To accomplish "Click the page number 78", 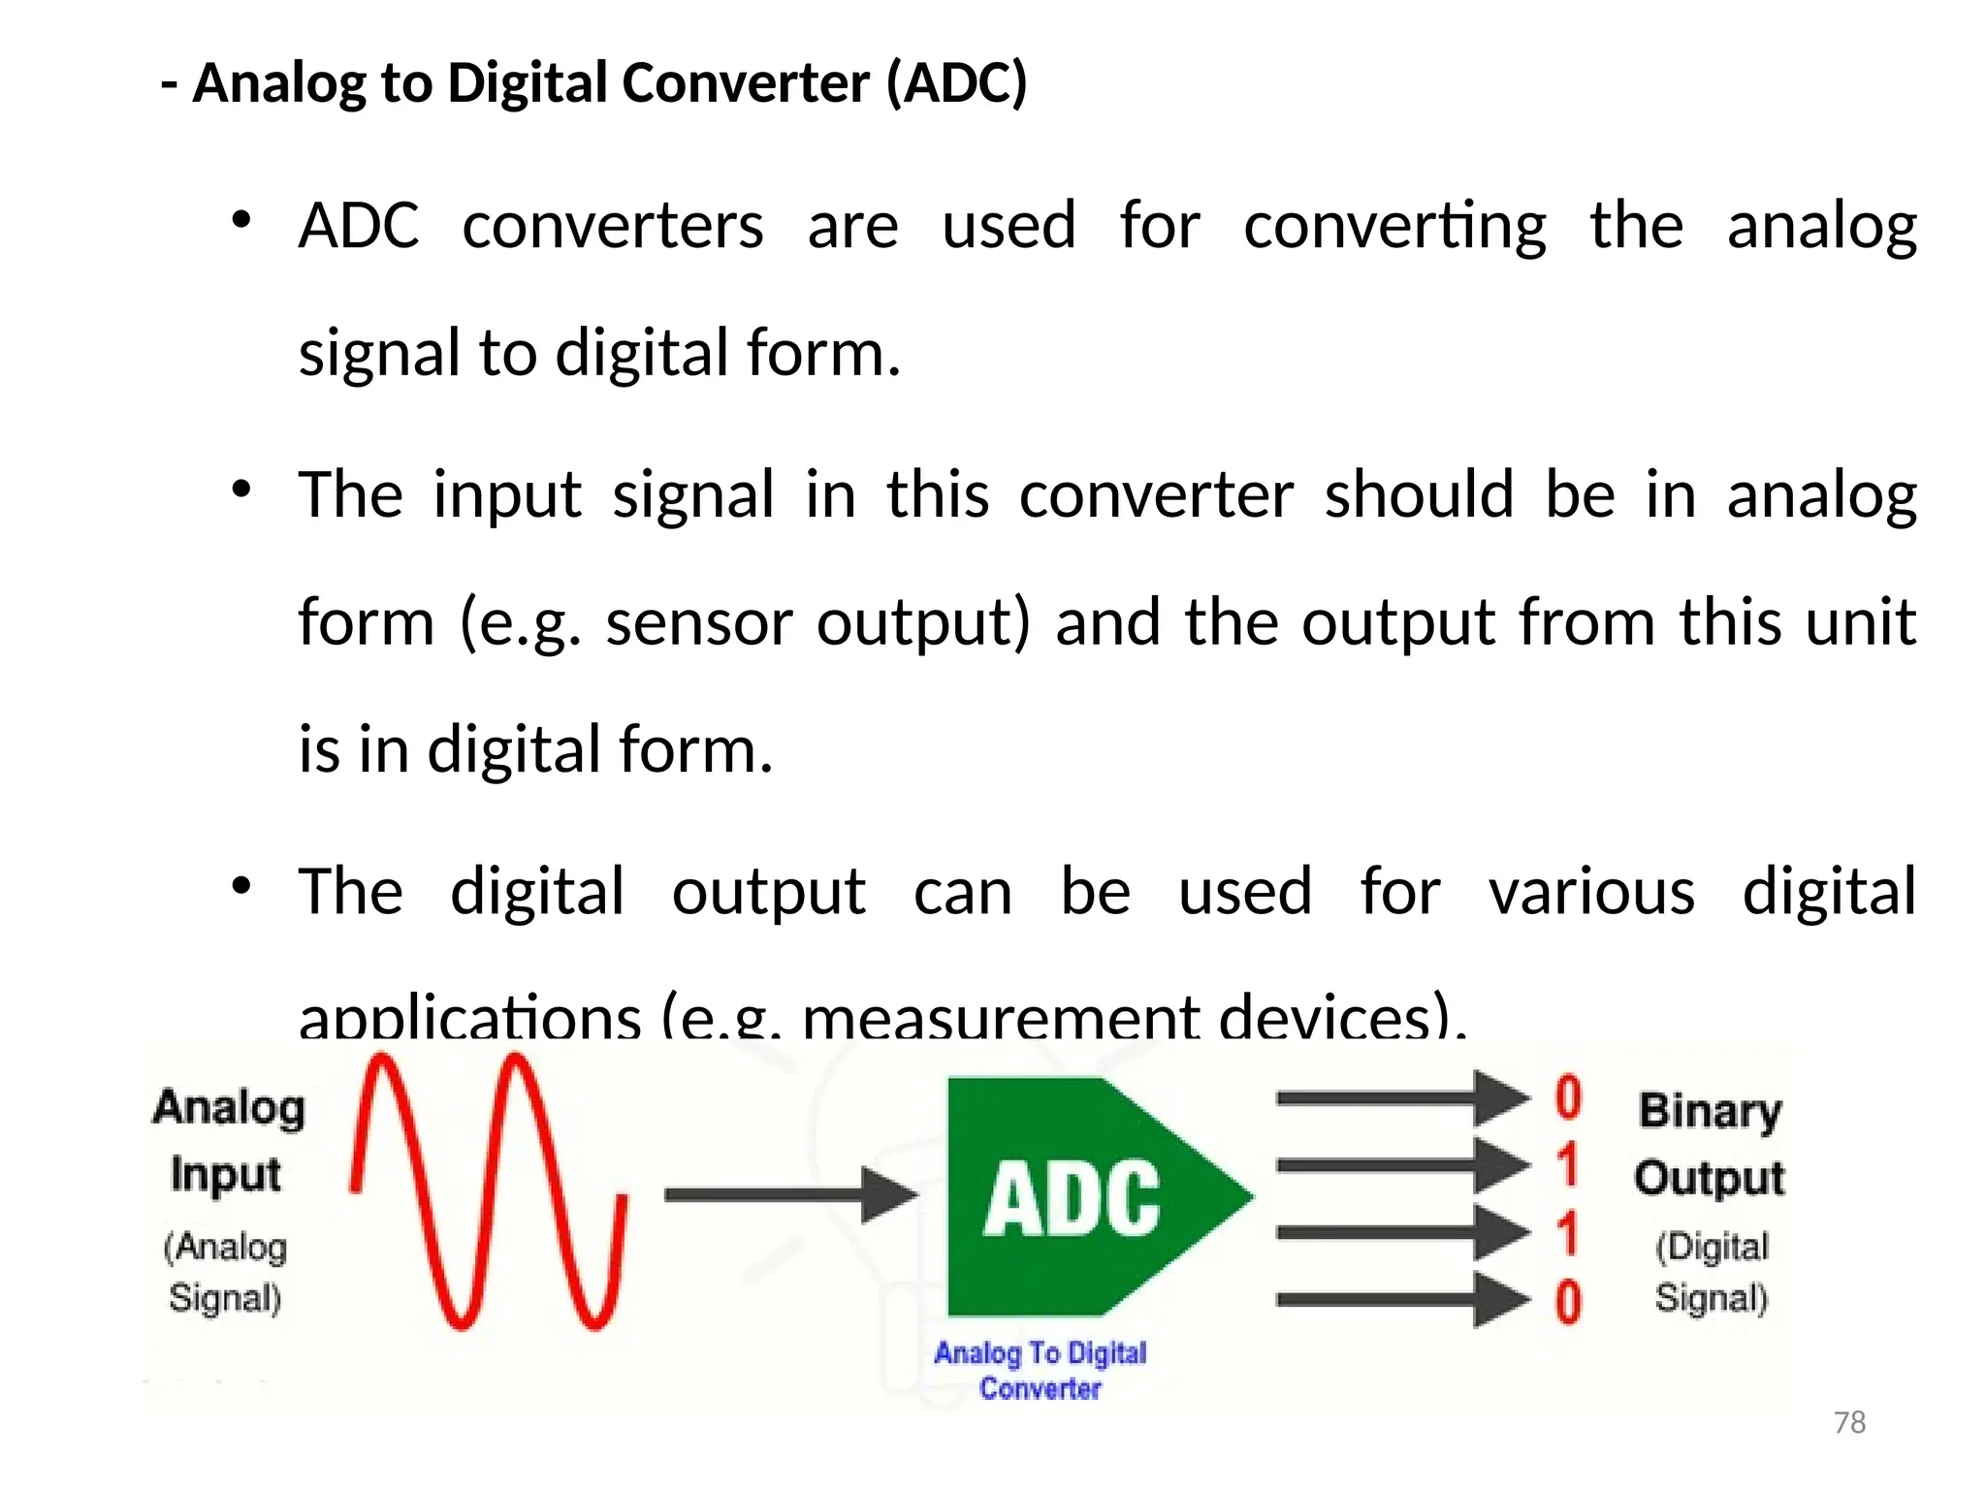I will tap(1849, 1422).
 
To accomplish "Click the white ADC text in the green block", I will tap(1072, 1199).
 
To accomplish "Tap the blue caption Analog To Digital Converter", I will tap(1041, 1370).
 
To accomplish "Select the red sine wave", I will tap(489, 1192).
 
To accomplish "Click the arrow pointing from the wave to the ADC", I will tap(789, 1194).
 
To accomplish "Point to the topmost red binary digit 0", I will tap(1568, 1098).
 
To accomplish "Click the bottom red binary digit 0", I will tap(1568, 1301).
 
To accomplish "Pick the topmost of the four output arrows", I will tap(1400, 1098).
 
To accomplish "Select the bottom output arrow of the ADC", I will tap(1400, 1300).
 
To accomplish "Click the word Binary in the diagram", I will tap(1710, 1111).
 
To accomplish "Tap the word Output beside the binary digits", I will tap(1710, 1178).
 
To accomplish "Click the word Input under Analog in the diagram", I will tap(226, 1175).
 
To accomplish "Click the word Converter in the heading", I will tap(746, 82).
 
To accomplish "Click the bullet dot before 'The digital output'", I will tap(241, 885).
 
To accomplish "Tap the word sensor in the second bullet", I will tap(699, 621).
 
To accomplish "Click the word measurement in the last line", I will tap(1001, 1018).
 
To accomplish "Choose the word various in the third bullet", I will tap(1591, 891).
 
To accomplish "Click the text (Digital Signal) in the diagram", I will tap(1712, 1271).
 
